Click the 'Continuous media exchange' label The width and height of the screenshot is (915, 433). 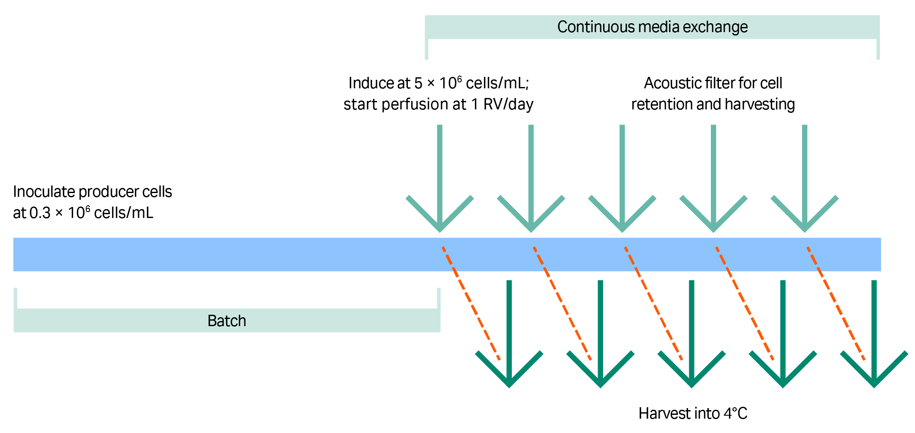(x=652, y=27)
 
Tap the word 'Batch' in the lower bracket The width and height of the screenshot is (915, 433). (x=227, y=321)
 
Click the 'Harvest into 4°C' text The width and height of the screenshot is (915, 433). (x=693, y=413)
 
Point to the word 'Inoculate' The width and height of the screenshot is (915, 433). (x=44, y=192)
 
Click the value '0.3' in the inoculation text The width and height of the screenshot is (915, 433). (x=40, y=213)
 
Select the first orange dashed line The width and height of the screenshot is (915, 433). (x=471, y=303)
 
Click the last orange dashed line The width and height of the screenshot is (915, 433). (x=836, y=303)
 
